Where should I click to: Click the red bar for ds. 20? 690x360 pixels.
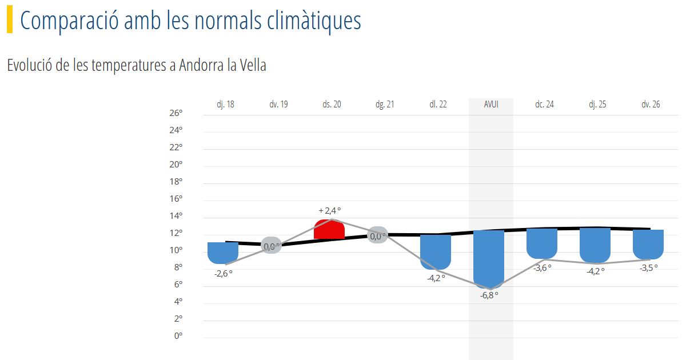point(329,229)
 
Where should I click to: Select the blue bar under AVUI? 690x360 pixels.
point(489,259)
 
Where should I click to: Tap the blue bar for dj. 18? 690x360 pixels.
point(223,253)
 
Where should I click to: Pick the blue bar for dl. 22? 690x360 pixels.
point(436,252)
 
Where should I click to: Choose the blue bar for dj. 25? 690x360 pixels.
point(595,246)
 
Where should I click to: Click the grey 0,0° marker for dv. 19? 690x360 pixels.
point(271,245)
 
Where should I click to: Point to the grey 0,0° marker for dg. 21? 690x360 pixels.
point(377,235)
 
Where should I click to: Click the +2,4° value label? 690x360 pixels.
point(330,211)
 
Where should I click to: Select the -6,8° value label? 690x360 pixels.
point(489,295)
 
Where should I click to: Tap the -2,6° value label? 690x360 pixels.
point(224,274)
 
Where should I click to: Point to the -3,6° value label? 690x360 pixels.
point(542,268)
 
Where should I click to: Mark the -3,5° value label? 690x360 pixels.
point(648,268)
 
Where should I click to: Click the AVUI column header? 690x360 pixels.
point(491,104)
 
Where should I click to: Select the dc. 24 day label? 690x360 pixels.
point(544,104)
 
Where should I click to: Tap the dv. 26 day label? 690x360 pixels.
point(651,104)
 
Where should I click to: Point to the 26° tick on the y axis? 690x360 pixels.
point(176,113)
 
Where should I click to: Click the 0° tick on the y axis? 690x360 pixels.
point(178,335)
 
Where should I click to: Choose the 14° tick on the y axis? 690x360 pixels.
point(176,216)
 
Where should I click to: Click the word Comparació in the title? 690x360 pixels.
point(69,21)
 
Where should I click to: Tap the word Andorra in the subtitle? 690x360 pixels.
point(202,65)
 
